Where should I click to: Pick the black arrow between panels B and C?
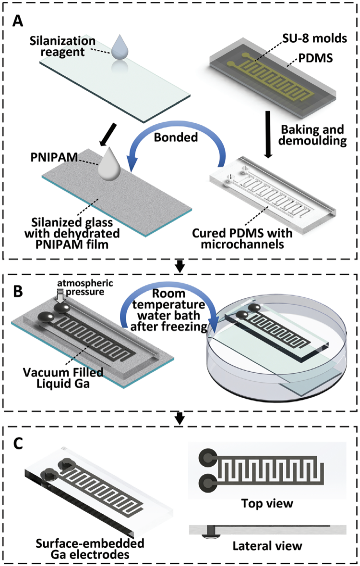[180, 418]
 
